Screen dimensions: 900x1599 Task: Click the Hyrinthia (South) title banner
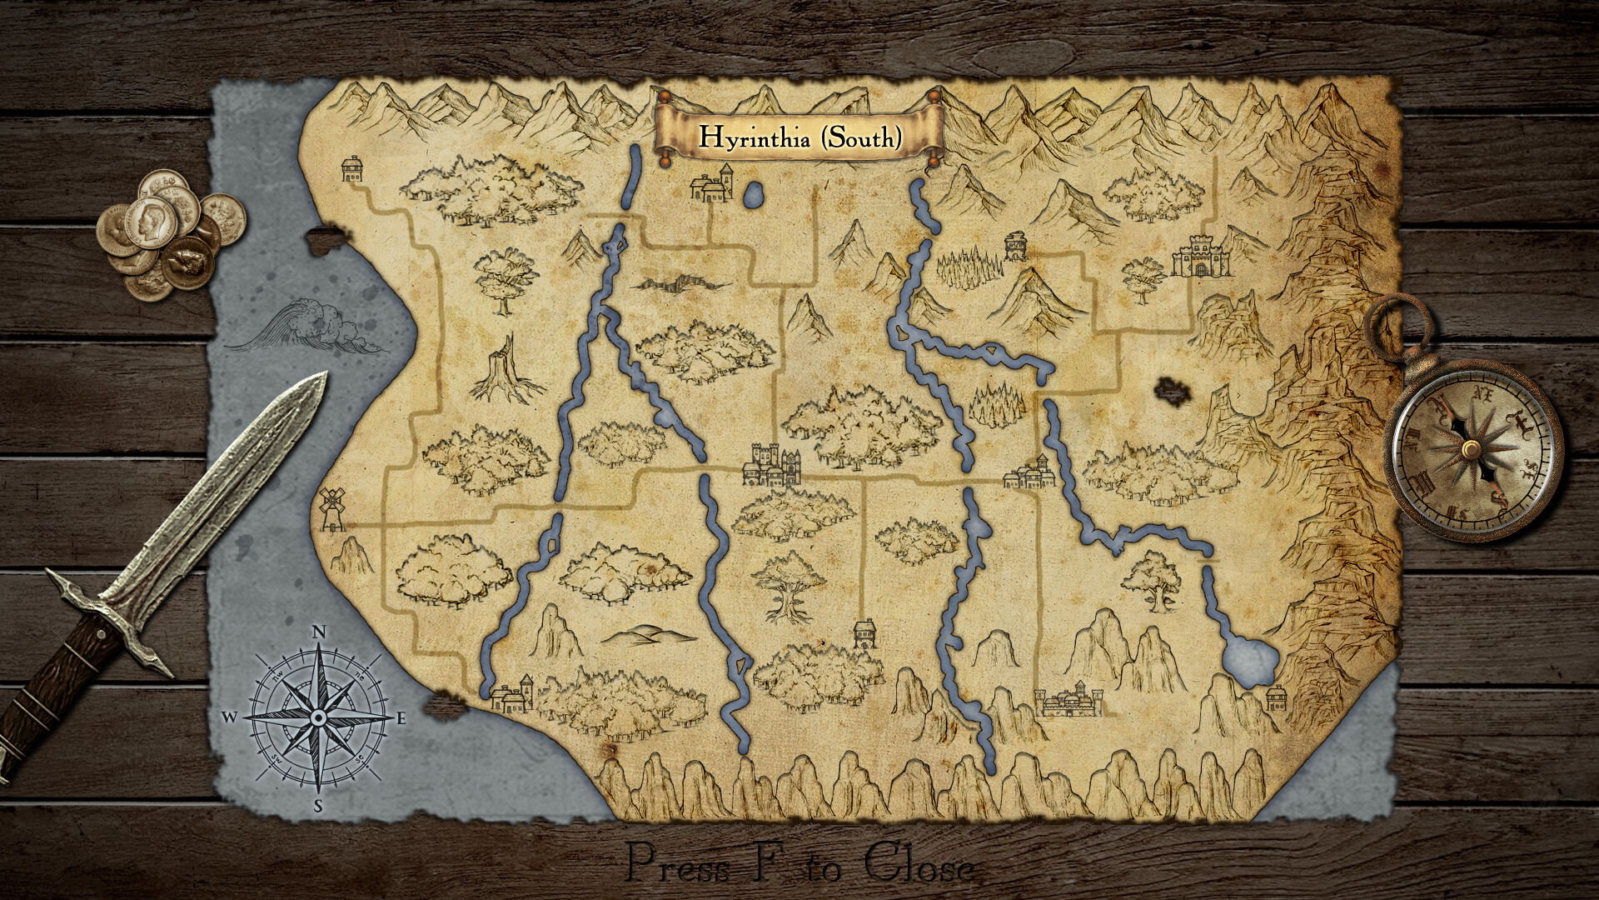(799, 136)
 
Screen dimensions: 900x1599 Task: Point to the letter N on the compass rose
(318, 632)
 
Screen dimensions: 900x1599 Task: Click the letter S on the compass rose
(318, 805)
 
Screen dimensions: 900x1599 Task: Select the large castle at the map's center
(774, 465)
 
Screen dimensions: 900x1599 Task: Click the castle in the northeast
(1202, 256)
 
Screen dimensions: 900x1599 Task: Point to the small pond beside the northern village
(754, 197)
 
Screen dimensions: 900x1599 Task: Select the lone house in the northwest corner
(352, 169)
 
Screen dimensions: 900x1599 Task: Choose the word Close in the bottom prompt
(918, 864)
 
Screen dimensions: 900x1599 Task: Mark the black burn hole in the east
(1170, 390)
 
